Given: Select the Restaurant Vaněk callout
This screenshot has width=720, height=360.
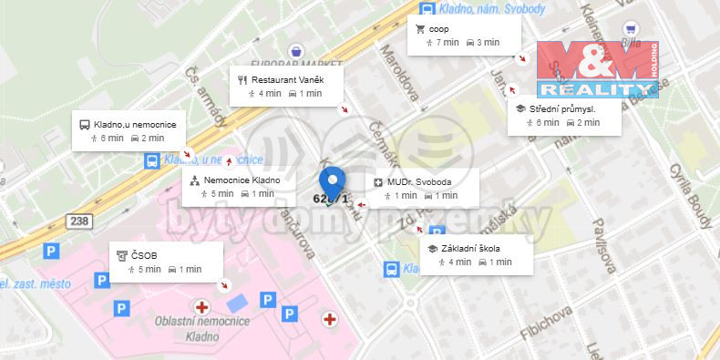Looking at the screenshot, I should [286, 86].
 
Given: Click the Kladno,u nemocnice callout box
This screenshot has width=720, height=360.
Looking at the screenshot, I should [129, 130].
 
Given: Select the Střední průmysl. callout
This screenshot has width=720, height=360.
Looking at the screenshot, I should [565, 115].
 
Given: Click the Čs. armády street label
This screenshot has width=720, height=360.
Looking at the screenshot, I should [206, 97].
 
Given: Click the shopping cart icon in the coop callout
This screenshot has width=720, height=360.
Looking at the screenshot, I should [420, 29].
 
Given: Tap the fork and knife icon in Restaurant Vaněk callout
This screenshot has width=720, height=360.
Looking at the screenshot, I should [242, 79].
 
